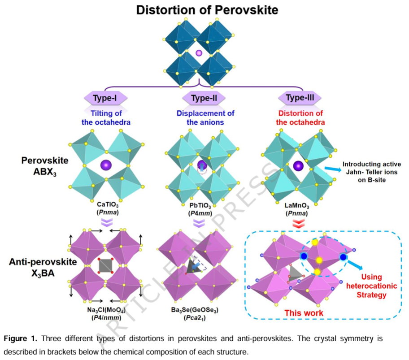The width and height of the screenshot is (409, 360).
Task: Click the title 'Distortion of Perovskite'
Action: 204,10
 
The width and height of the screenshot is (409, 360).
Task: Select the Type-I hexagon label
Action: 106,98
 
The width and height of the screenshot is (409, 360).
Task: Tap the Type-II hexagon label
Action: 204,98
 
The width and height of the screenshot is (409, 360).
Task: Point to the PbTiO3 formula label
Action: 201,206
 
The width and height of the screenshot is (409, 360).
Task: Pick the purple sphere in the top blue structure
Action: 199,53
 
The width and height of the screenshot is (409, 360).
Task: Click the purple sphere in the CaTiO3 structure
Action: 106,164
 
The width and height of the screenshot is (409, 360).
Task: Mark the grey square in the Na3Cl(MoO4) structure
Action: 106,265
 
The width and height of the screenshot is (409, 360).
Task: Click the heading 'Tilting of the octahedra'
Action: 106,118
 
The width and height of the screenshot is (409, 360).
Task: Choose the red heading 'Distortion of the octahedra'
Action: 301,118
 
